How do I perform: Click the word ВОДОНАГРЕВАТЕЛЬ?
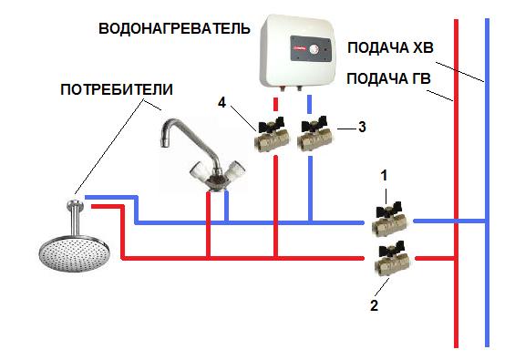(x=174, y=28)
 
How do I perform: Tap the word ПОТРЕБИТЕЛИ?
(x=117, y=89)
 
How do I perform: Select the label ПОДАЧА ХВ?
(x=390, y=48)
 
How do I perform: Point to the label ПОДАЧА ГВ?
(x=388, y=78)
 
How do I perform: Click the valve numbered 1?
(x=390, y=219)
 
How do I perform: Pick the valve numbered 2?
(x=393, y=259)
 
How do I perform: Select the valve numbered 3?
(x=314, y=134)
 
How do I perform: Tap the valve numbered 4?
(x=272, y=134)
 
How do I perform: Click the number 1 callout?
(x=384, y=176)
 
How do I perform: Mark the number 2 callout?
(x=374, y=305)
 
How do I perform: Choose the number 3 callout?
(x=362, y=127)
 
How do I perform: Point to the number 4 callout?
(x=222, y=103)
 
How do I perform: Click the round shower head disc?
(x=74, y=252)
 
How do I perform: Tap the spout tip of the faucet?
(x=165, y=143)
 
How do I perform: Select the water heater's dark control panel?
(x=311, y=49)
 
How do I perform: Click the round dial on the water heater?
(x=314, y=49)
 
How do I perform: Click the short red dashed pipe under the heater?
(x=276, y=104)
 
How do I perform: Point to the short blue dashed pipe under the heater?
(x=309, y=104)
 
